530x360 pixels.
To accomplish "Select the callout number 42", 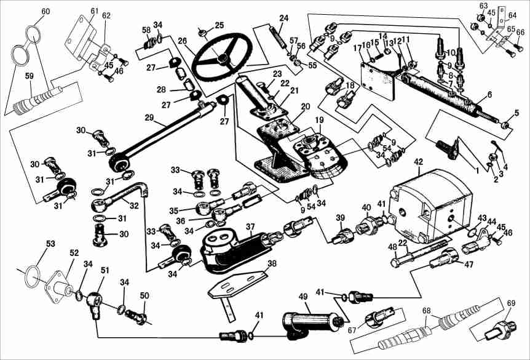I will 419,162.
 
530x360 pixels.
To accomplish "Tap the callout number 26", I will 182,41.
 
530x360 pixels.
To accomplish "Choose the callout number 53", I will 50,245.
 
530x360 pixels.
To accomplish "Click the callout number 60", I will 45,12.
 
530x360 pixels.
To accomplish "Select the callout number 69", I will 510,303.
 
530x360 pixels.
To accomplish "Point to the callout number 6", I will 489,95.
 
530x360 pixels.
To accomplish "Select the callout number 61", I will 94,11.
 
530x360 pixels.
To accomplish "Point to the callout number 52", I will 74,253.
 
